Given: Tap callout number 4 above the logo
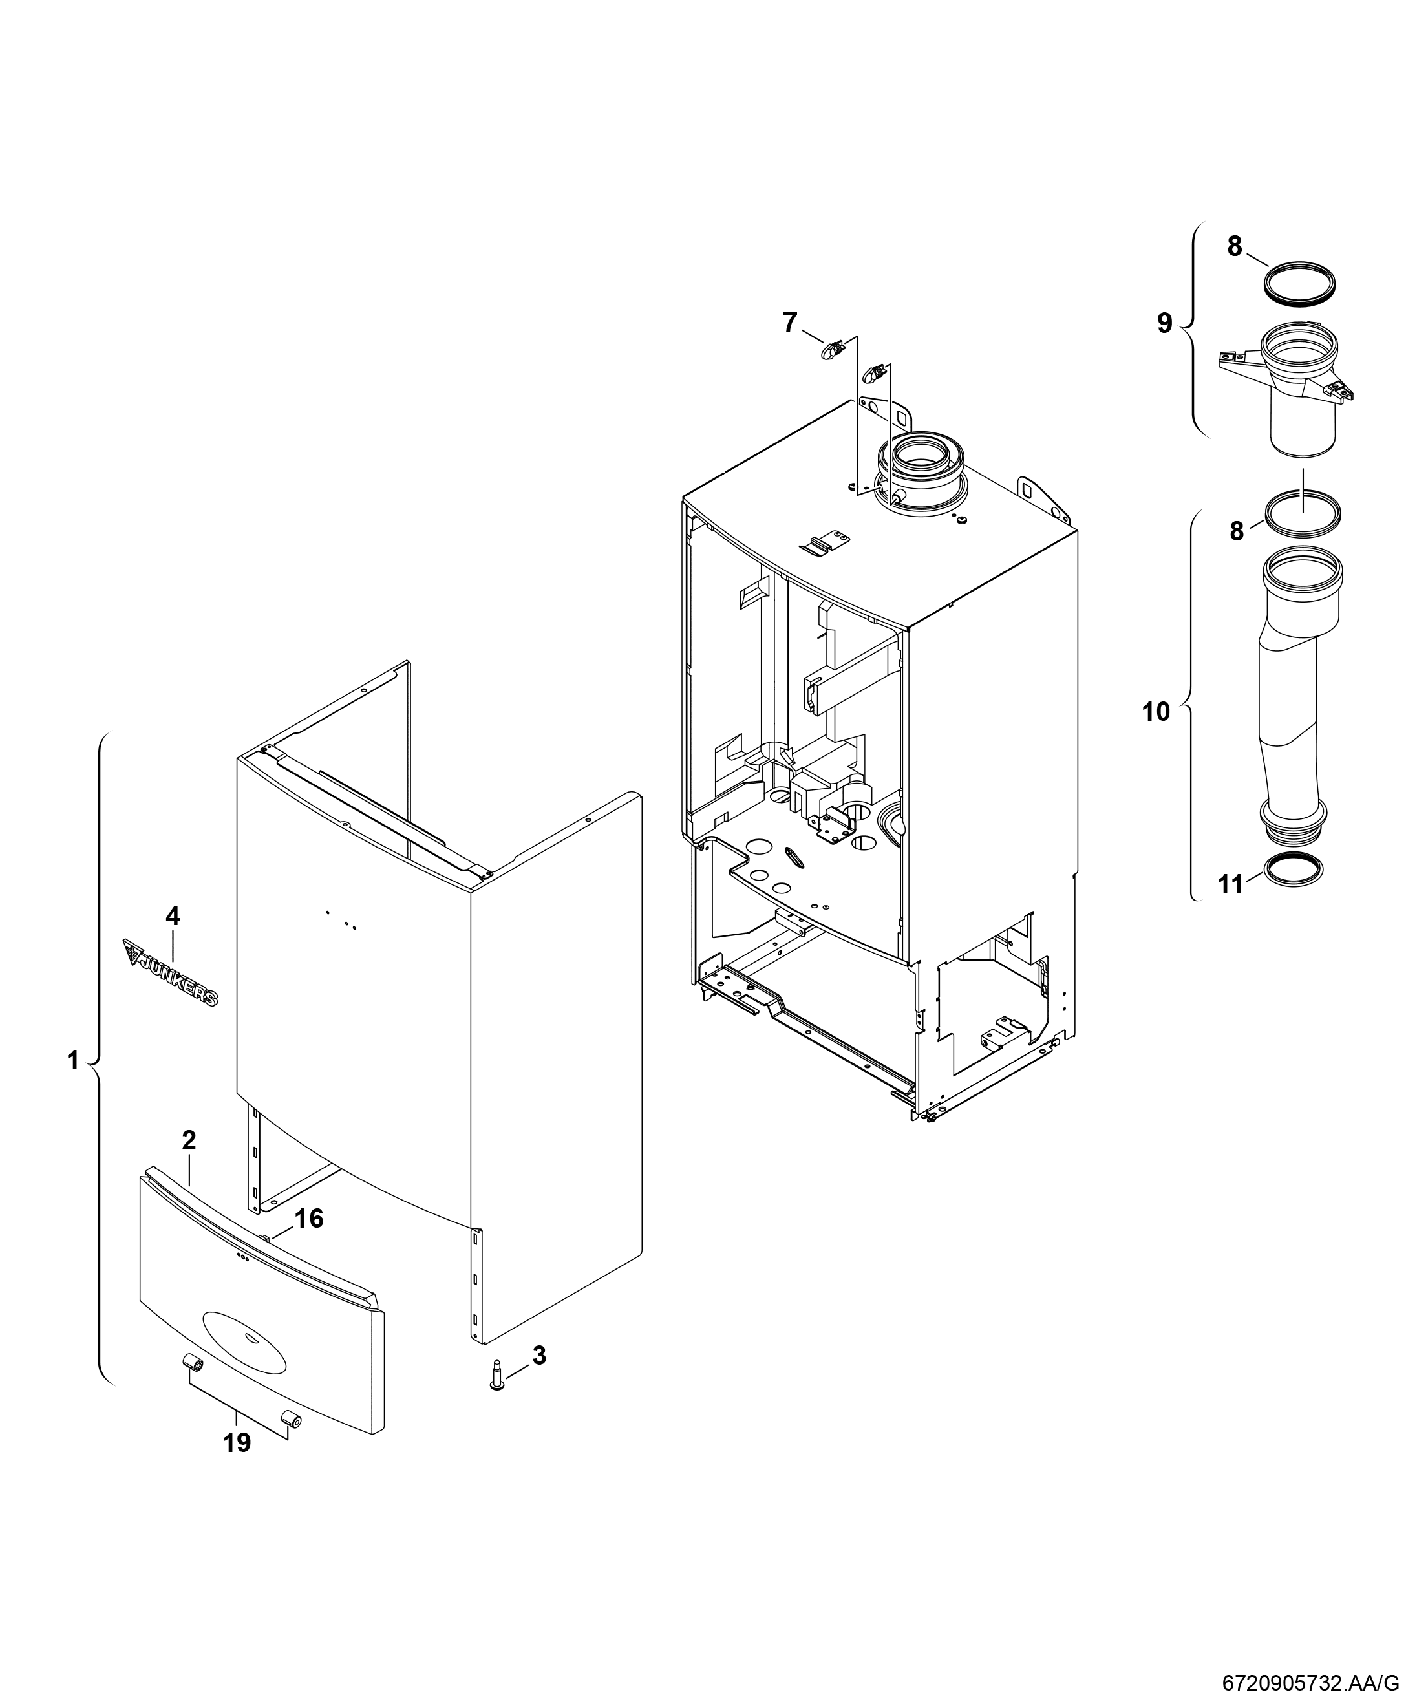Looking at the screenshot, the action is click(173, 916).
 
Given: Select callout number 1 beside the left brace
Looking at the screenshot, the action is click(73, 1061).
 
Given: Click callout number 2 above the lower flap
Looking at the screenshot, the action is click(189, 1140).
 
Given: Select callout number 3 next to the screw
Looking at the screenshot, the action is click(538, 1355).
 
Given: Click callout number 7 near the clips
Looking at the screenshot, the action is click(790, 323).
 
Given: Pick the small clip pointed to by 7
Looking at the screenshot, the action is click(831, 351).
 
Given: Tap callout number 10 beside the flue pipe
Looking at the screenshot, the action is click(1156, 712).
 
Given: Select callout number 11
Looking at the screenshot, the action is click(1231, 884).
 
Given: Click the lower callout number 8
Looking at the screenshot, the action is click(1237, 531).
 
